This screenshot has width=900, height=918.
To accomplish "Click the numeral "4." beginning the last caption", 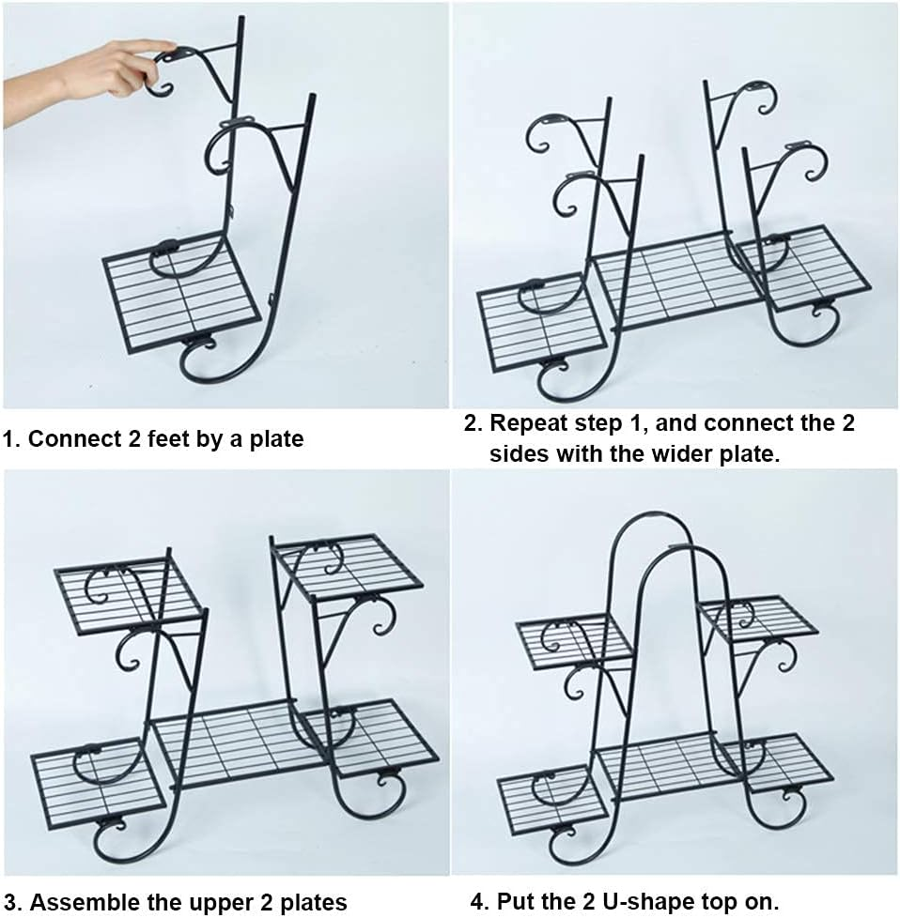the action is (x=479, y=901).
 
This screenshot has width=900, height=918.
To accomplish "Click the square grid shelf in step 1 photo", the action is (x=181, y=292).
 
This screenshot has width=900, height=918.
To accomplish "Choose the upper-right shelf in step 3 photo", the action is (x=348, y=566).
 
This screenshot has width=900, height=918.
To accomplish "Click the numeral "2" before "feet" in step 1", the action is (x=134, y=438).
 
